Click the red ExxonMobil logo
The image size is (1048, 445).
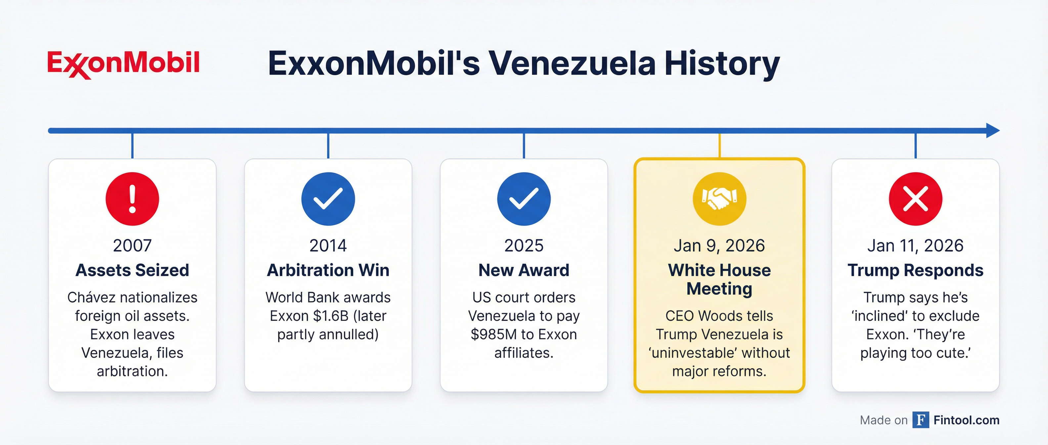tap(123, 64)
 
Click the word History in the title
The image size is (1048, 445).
tap(722, 64)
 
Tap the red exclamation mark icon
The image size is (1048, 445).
tap(132, 199)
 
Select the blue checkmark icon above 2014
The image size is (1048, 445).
tap(328, 199)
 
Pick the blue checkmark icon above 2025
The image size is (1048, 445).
tap(524, 199)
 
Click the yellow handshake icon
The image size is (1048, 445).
tap(719, 199)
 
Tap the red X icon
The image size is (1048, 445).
tap(915, 199)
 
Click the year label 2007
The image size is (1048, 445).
tap(132, 245)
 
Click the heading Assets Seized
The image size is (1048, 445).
tap(132, 270)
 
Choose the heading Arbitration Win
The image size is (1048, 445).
tap(328, 270)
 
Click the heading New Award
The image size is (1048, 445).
tap(524, 270)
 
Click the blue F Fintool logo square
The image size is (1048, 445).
tap(921, 420)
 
